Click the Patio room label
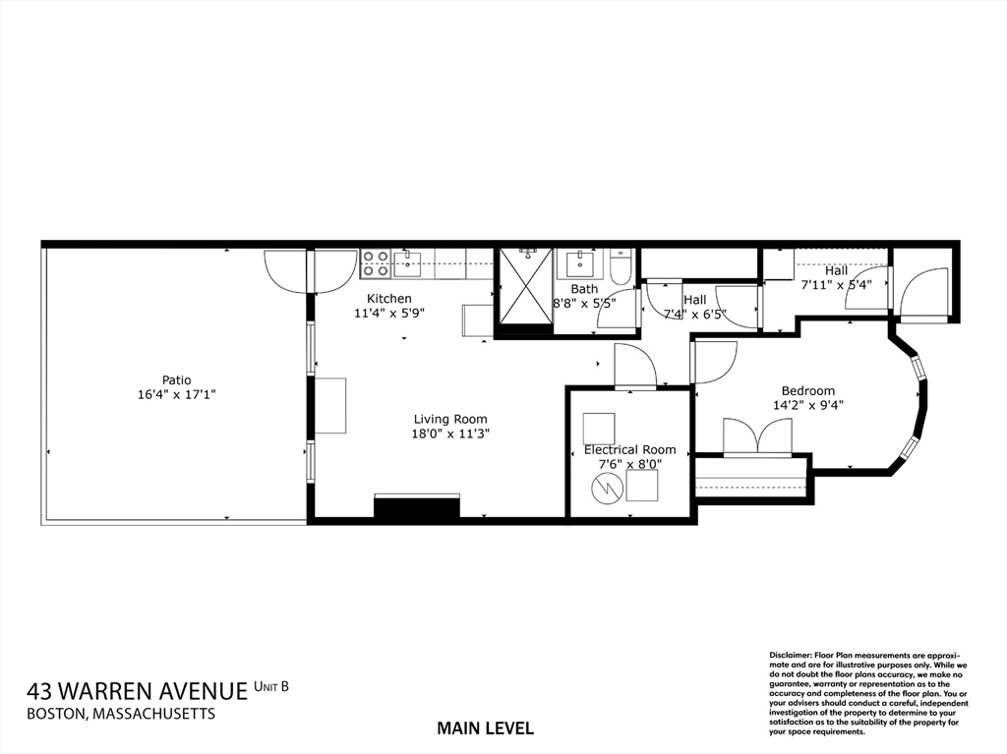(x=177, y=379)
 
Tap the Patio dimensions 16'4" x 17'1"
(x=177, y=394)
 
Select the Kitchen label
(x=389, y=299)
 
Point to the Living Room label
(x=450, y=419)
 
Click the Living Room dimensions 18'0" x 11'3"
(x=450, y=434)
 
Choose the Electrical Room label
(x=629, y=449)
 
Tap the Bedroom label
(x=808, y=390)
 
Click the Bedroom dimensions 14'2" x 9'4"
(x=808, y=404)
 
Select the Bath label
(x=584, y=289)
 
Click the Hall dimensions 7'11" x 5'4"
(x=837, y=285)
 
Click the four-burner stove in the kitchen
(x=375, y=262)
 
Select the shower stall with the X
(x=525, y=285)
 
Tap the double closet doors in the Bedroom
(x=757, y=435)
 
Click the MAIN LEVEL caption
(x=485, y=728)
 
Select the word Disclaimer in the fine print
(x=790, y=655)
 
